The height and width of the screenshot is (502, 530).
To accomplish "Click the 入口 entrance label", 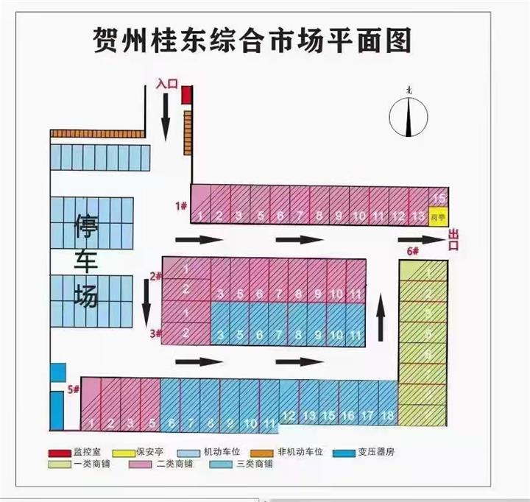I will (x=167, y=85).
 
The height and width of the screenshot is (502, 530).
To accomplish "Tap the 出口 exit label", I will (x=453, y=240).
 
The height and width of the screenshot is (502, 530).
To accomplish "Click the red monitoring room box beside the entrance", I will (x=187, y=95).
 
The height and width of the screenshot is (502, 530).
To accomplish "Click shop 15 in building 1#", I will (x=439, y=199).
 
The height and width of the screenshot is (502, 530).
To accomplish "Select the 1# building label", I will (x=180, y=205).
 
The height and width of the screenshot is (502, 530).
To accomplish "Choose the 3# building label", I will (x=155, y=333).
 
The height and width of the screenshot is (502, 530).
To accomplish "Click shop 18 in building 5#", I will (x=386, y=416).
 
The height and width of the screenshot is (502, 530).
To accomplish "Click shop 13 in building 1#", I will (x=417, y=216).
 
